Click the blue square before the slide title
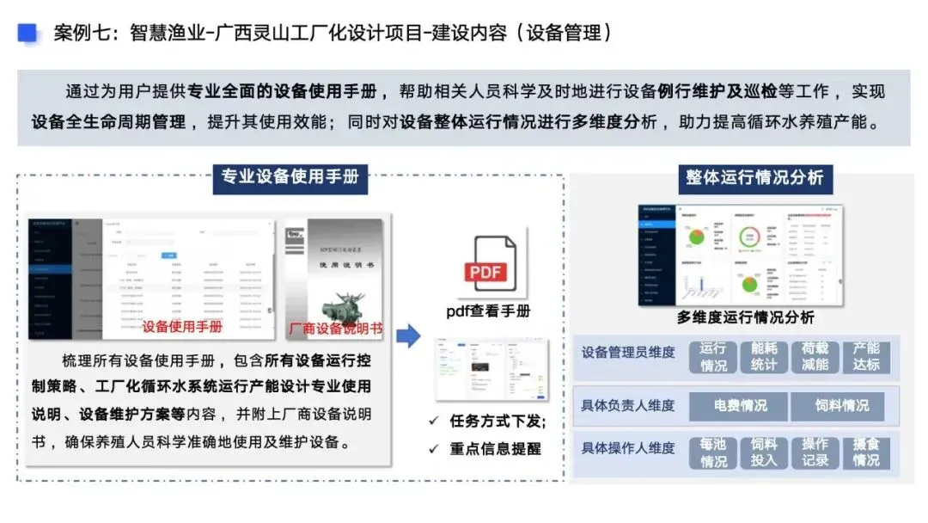click(28, 33)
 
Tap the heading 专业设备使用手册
click(290, 178)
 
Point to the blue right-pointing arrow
click(409, 335)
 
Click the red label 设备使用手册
click(182, 327)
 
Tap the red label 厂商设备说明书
click(336, 329)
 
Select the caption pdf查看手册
click(488, 311)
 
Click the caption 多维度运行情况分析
click(745, 317)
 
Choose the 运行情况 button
click(713, 356)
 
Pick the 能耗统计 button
click(764, 356)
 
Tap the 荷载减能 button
click(815, 356)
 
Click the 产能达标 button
click(865, 356)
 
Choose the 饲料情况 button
click(842, 405)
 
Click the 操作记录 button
click(815, 452)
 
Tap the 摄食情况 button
click(865, 452)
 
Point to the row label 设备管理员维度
click(628, 353)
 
